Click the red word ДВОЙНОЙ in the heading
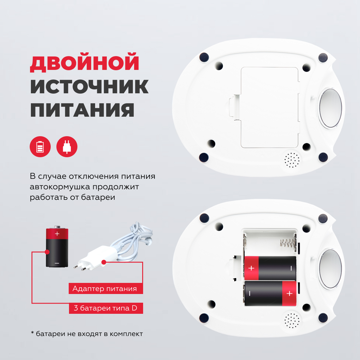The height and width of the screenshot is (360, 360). coord(85,62)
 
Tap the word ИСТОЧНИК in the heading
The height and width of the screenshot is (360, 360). coord(89,86)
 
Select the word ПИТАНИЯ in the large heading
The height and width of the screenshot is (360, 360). coord(82,110)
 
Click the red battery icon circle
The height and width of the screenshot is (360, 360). coord(40,147)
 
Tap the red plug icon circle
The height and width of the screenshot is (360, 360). coord(67,147)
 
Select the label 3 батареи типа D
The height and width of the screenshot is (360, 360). coord(106,308)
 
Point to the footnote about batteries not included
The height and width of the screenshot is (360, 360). coord(87,334)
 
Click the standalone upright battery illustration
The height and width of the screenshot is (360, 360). coord(57,246)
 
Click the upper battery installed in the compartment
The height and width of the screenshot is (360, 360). coord(270,268)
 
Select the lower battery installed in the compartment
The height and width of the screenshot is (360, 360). coord(270,293)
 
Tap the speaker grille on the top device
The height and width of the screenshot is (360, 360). coord(292,160)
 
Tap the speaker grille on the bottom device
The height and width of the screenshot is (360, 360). coord(292,321)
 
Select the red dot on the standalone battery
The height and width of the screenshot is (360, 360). coord(47,252)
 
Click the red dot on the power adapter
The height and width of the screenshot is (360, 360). coord(104,262)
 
